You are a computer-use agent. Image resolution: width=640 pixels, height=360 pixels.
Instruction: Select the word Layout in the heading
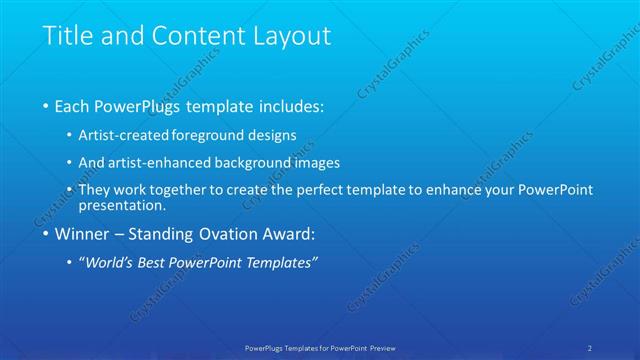coord(287,37)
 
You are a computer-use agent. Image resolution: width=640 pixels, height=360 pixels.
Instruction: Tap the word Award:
coord(289,235)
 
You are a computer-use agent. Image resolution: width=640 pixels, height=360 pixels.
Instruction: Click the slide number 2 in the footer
coord(590,347)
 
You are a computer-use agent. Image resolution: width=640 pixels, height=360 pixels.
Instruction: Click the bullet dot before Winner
coord(46,235)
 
